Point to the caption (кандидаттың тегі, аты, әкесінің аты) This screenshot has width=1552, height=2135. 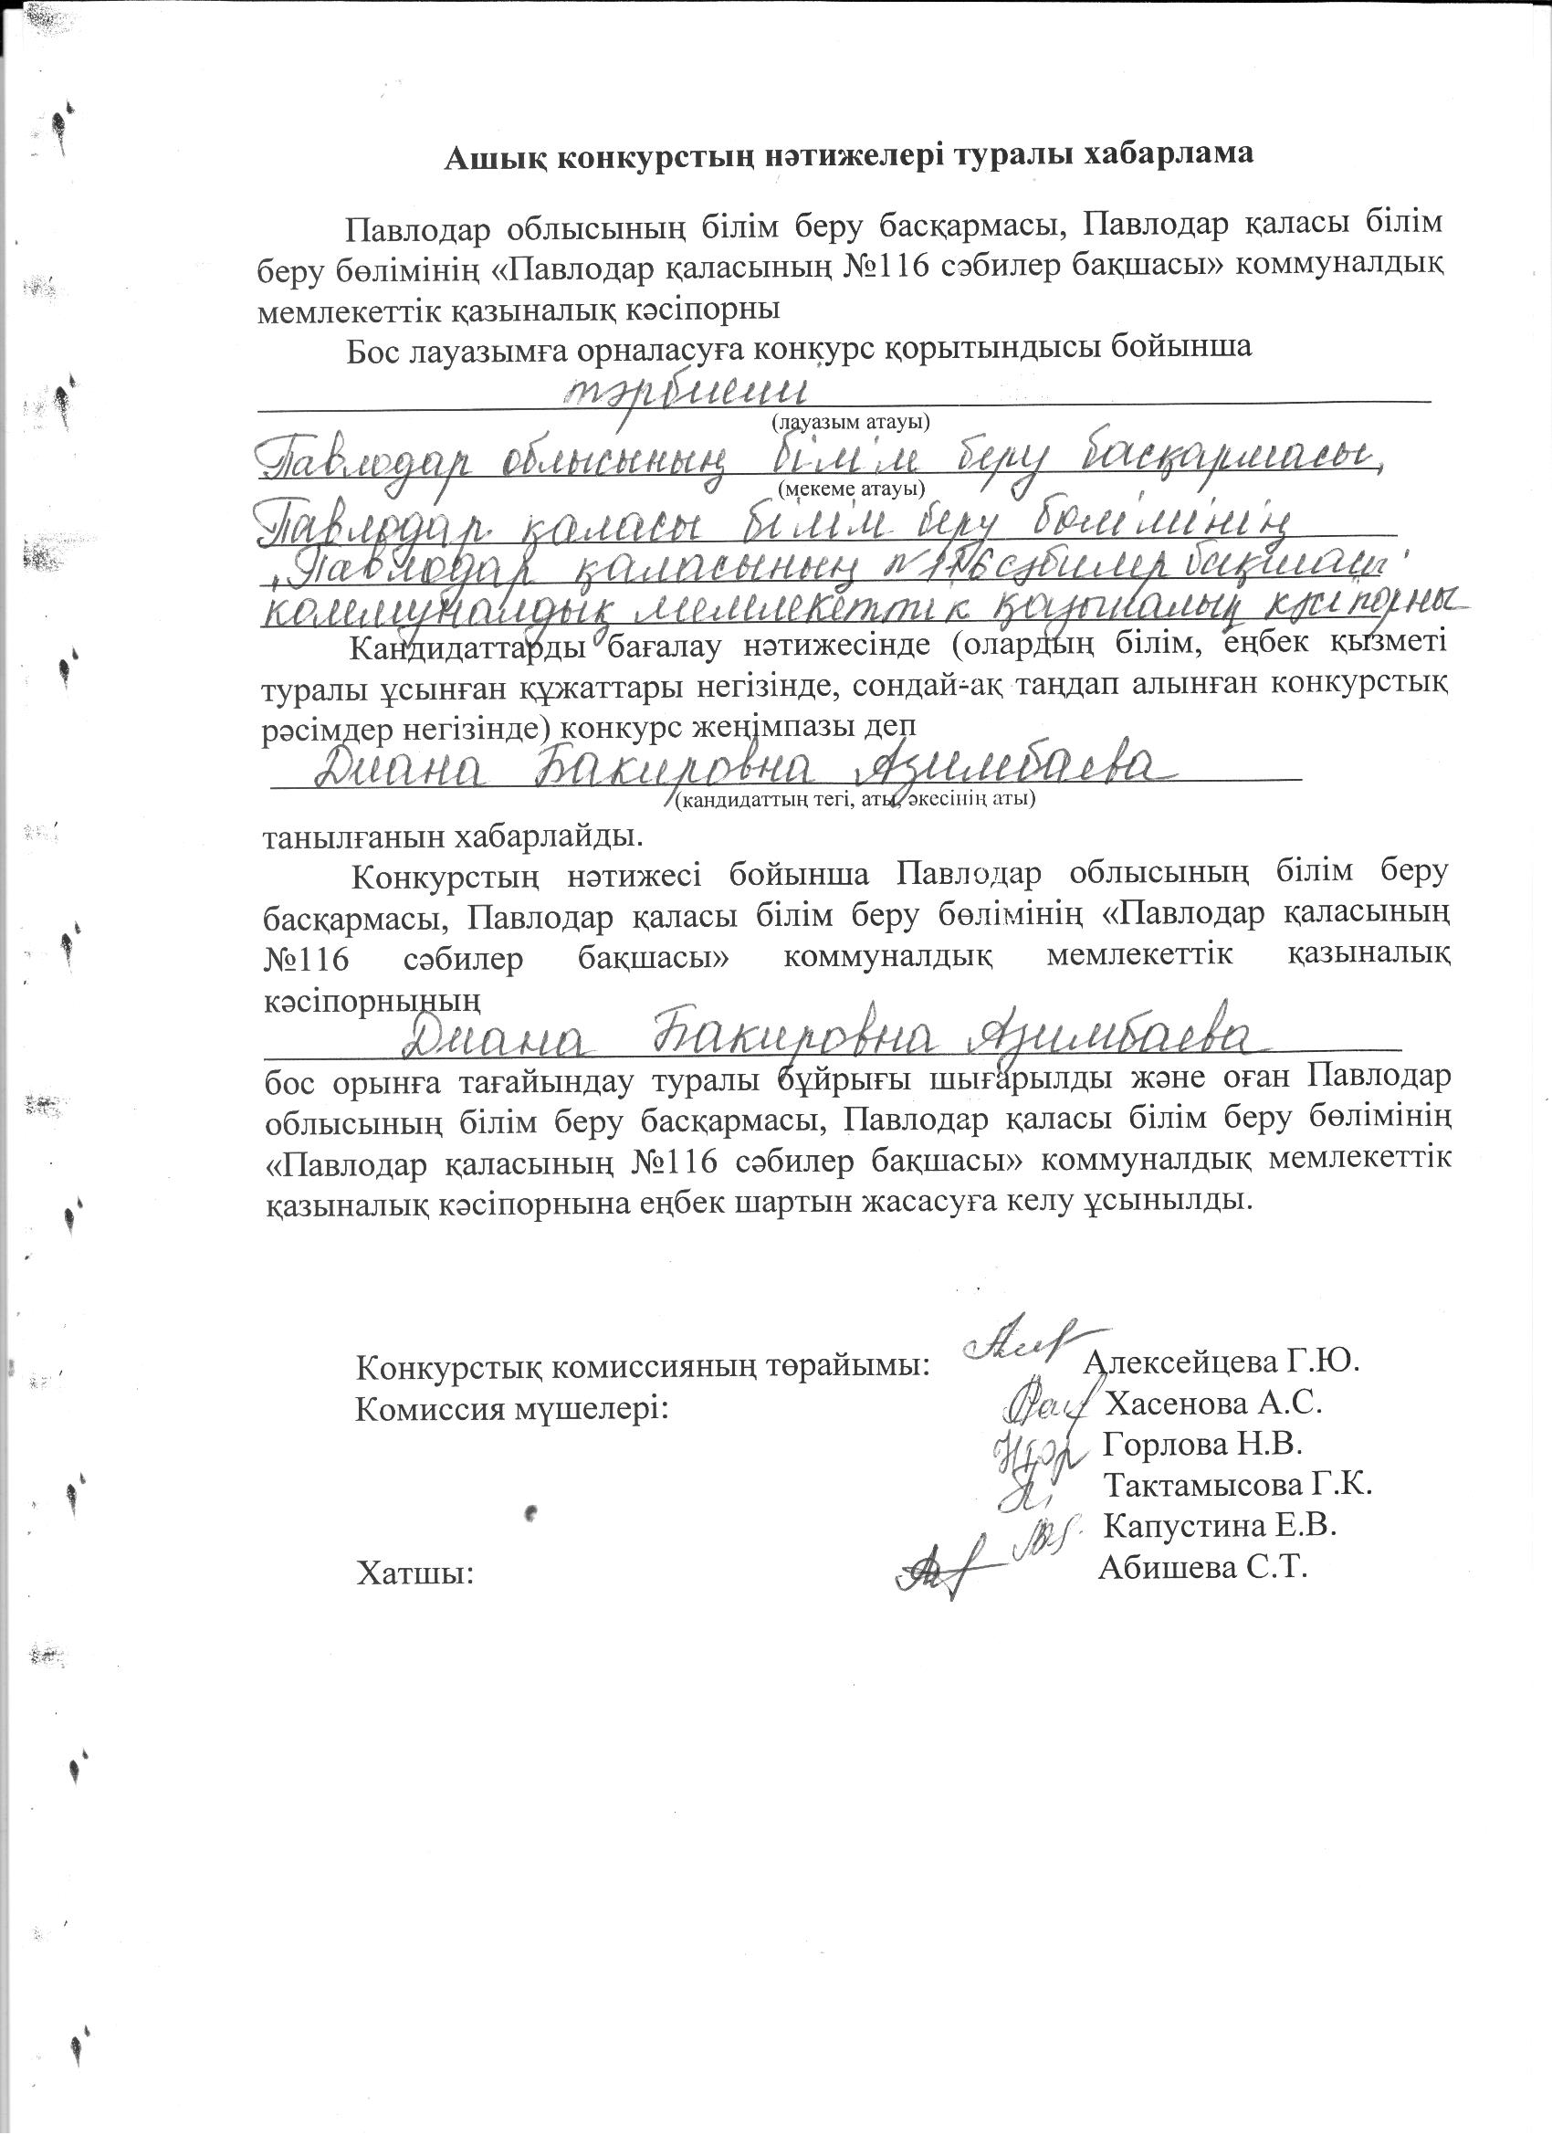pyautogui.click(x=855, y=800)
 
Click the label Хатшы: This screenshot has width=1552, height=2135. pyautogui.click(x=414, y=1572)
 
